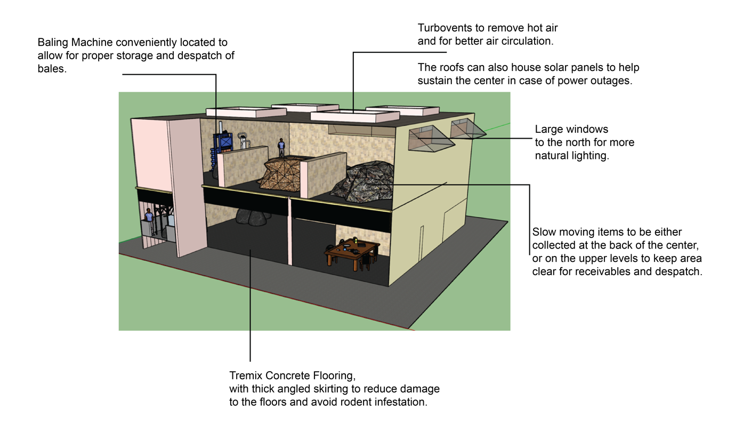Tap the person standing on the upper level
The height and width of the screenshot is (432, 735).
[281, 148]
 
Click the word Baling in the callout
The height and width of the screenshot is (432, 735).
[53, 42]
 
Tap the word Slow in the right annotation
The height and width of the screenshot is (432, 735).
[545, 233]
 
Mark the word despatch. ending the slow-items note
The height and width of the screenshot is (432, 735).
[679, 271]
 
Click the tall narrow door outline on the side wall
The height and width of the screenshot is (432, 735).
[422, 243]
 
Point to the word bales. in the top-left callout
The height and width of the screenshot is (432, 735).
[52, 69]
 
